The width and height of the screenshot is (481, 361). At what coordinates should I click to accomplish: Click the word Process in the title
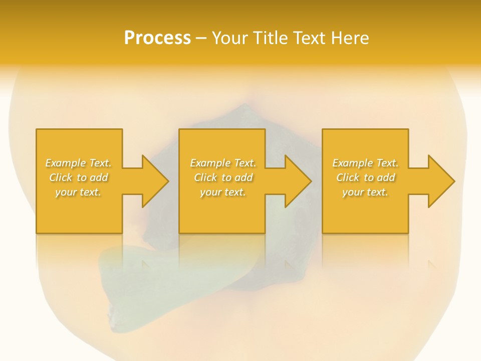(157, 38)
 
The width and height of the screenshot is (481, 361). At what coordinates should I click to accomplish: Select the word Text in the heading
(310, 38)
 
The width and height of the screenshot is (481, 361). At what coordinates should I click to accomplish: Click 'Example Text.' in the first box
(78, 163)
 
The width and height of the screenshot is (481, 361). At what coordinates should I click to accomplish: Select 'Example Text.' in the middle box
(222, 163)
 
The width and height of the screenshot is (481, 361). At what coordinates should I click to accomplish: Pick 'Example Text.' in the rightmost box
(365, 163)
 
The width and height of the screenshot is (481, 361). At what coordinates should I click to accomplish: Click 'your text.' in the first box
(78, 192)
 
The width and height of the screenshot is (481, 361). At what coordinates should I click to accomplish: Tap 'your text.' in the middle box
(222, 192)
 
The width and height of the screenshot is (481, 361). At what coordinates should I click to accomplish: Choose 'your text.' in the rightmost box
(365, 192)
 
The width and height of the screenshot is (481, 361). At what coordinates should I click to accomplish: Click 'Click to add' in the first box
(78, 177)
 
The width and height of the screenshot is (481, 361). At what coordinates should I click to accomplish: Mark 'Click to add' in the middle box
(222, 177)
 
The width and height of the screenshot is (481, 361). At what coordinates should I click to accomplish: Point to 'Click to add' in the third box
(365, 177)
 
